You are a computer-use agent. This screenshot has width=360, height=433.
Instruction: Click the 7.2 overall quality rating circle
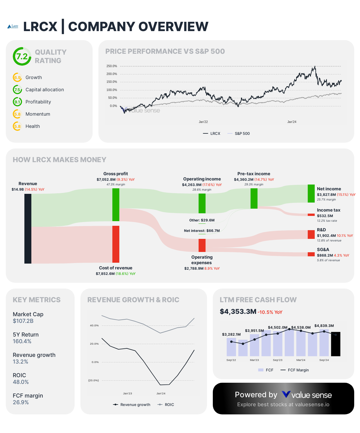(22, 56)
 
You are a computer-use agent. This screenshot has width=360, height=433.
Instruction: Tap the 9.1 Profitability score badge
(17, 102)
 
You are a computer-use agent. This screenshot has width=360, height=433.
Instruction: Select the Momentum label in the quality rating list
(38, 114)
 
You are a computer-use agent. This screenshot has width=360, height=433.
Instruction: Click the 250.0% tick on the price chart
(112, 66)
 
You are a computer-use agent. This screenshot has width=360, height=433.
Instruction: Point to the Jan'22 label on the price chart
(203, 122)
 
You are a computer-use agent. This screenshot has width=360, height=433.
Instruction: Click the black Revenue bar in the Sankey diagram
(28, 229)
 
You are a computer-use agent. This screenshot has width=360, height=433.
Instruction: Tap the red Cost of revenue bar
(116, 244)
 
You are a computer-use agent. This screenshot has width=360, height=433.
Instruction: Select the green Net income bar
(311, 194)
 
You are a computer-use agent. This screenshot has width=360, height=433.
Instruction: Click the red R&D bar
(311, 235)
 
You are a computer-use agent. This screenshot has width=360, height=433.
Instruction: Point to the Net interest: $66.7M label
(202, 231)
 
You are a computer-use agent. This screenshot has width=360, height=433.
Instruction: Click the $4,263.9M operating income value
(192, 185)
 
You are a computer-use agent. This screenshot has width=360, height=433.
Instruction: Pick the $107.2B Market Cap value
(23, 321)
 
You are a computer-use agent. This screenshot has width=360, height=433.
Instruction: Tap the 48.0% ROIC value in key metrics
(21, 382)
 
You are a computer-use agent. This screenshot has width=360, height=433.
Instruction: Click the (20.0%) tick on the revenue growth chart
(93, 380)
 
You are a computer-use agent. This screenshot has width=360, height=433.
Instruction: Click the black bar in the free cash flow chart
(336, 344)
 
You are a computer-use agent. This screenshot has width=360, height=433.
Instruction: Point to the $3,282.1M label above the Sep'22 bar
(231, 334)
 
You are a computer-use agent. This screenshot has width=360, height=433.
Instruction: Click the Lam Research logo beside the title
(13, 27)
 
